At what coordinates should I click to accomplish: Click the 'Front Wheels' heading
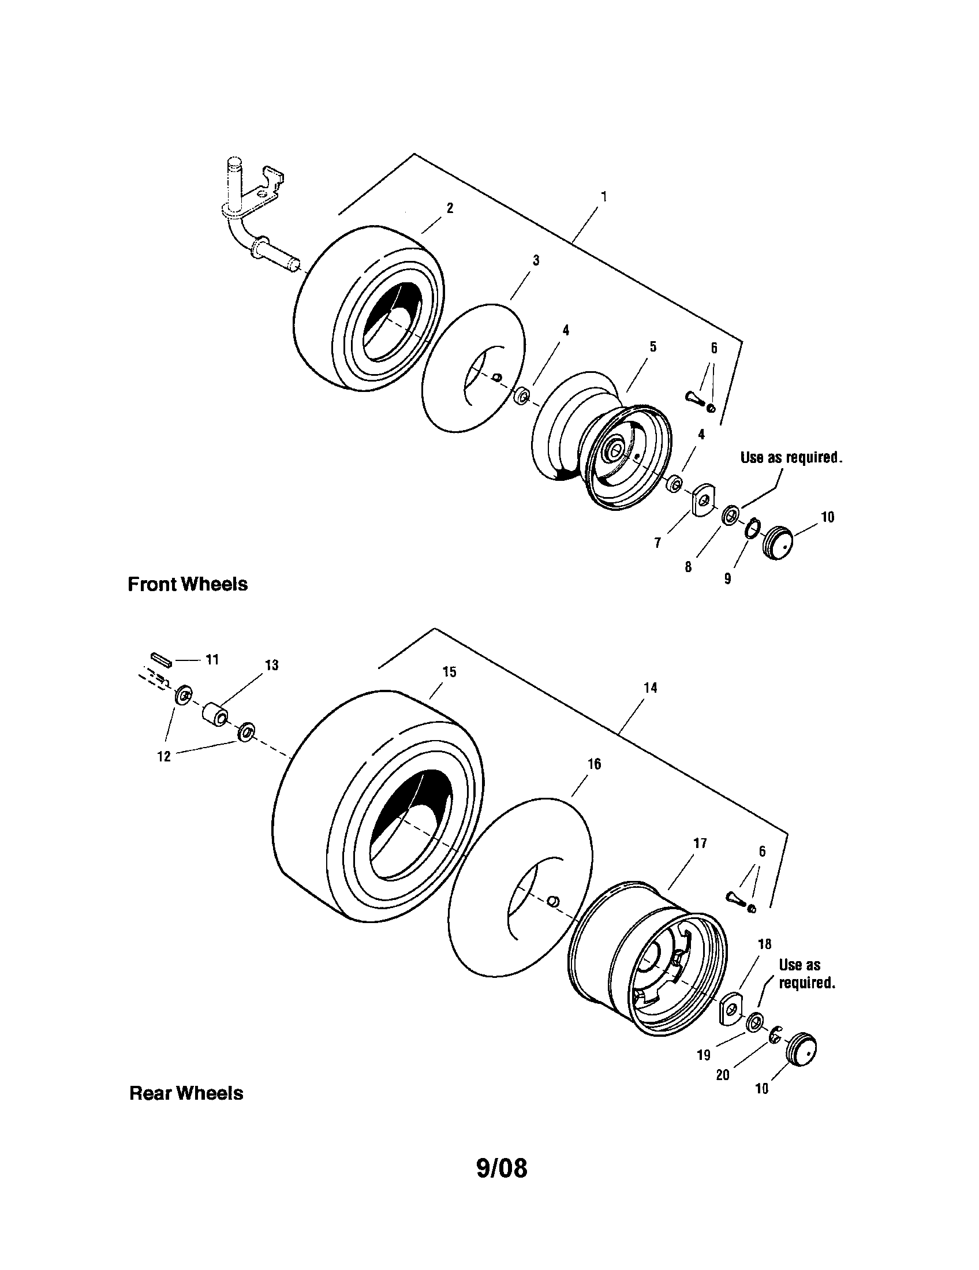[187, 584]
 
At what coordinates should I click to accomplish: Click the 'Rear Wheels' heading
[186, 1093]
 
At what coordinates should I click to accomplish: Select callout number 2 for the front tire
[450, 208]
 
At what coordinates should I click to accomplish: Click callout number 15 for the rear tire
[449, 671]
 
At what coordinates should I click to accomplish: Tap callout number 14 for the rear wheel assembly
[650, 688]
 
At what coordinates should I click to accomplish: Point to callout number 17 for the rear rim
[700, 843]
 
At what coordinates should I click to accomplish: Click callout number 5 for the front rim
[653, 347]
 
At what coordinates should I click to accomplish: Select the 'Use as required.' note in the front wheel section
[791, 457]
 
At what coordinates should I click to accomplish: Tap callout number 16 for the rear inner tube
[594, 764]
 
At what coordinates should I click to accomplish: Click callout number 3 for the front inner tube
[536, 260]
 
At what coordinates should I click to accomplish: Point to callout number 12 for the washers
[164, 756]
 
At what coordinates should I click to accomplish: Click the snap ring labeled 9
[751, 528]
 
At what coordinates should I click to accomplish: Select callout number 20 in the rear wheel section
[722, 1075]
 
